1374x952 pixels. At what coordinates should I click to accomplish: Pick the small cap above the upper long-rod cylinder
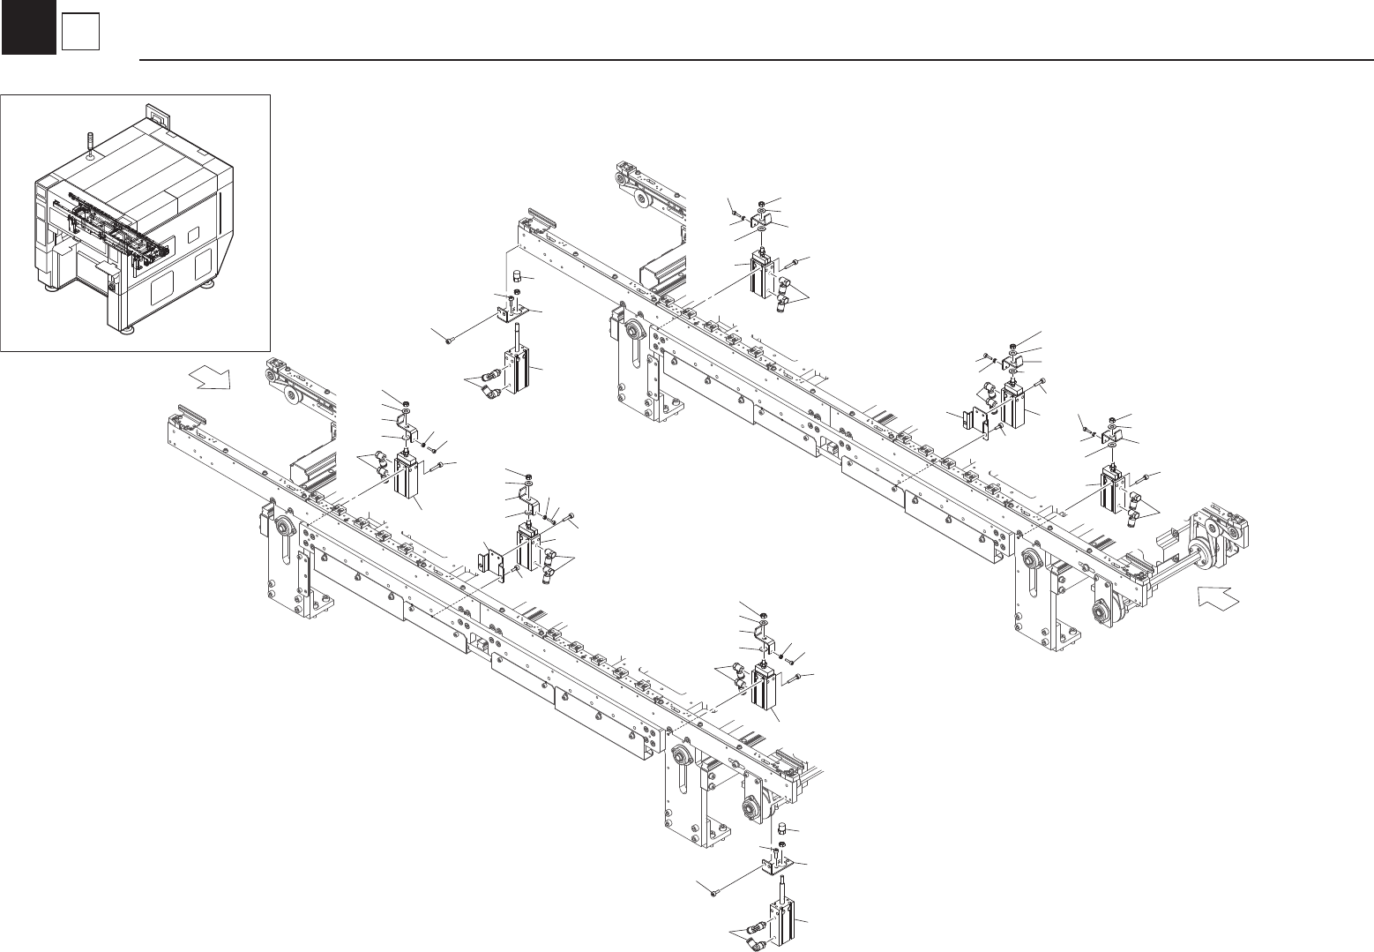[518, 276]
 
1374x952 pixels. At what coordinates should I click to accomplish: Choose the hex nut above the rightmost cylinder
[1113, 418]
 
